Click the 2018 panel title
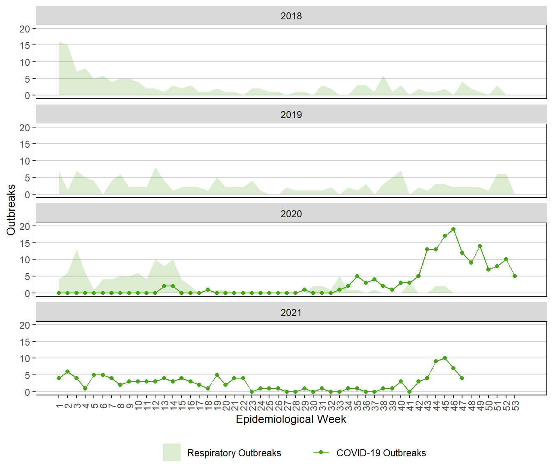click(x=291, y=16)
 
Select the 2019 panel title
click(x=291, y=115)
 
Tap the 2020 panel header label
click(x=291, y=214)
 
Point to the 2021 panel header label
click(x=291, y=313)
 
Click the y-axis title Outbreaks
click(x=11, y=210)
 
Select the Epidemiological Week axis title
click(x=291, y=419)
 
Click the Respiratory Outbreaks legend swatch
click(x=172, y=452)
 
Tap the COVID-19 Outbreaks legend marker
click(x=321, y=452)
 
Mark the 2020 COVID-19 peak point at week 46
click(x=453, y=229)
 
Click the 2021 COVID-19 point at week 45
click(x=445, y=358)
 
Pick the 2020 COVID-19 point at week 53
click(x=515, y=276)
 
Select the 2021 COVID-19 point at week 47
click(x=462, y=378)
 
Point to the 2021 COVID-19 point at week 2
click(x=67, y=372)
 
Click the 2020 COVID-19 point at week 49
click(x=480, y=246)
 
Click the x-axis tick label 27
click(x=287, y=406)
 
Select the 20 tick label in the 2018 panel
click(x=25, y=29)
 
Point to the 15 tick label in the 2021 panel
click(x=25, y=342)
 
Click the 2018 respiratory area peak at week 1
click(x=59, y=42)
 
